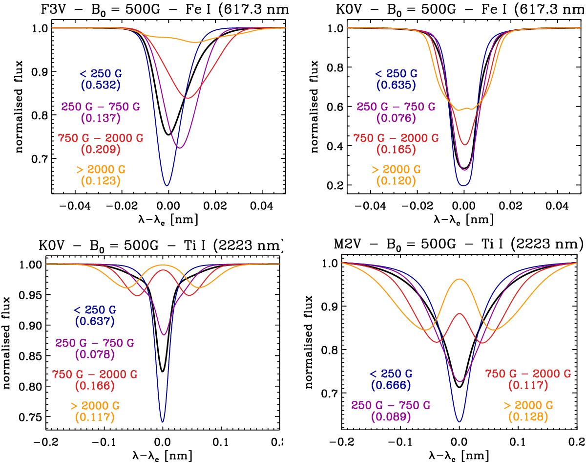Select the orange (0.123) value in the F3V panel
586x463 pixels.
pos(98,181)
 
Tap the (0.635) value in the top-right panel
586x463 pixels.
pos(396,85)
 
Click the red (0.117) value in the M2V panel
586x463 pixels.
pos(528,385)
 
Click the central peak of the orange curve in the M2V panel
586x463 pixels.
pos(460,279)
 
